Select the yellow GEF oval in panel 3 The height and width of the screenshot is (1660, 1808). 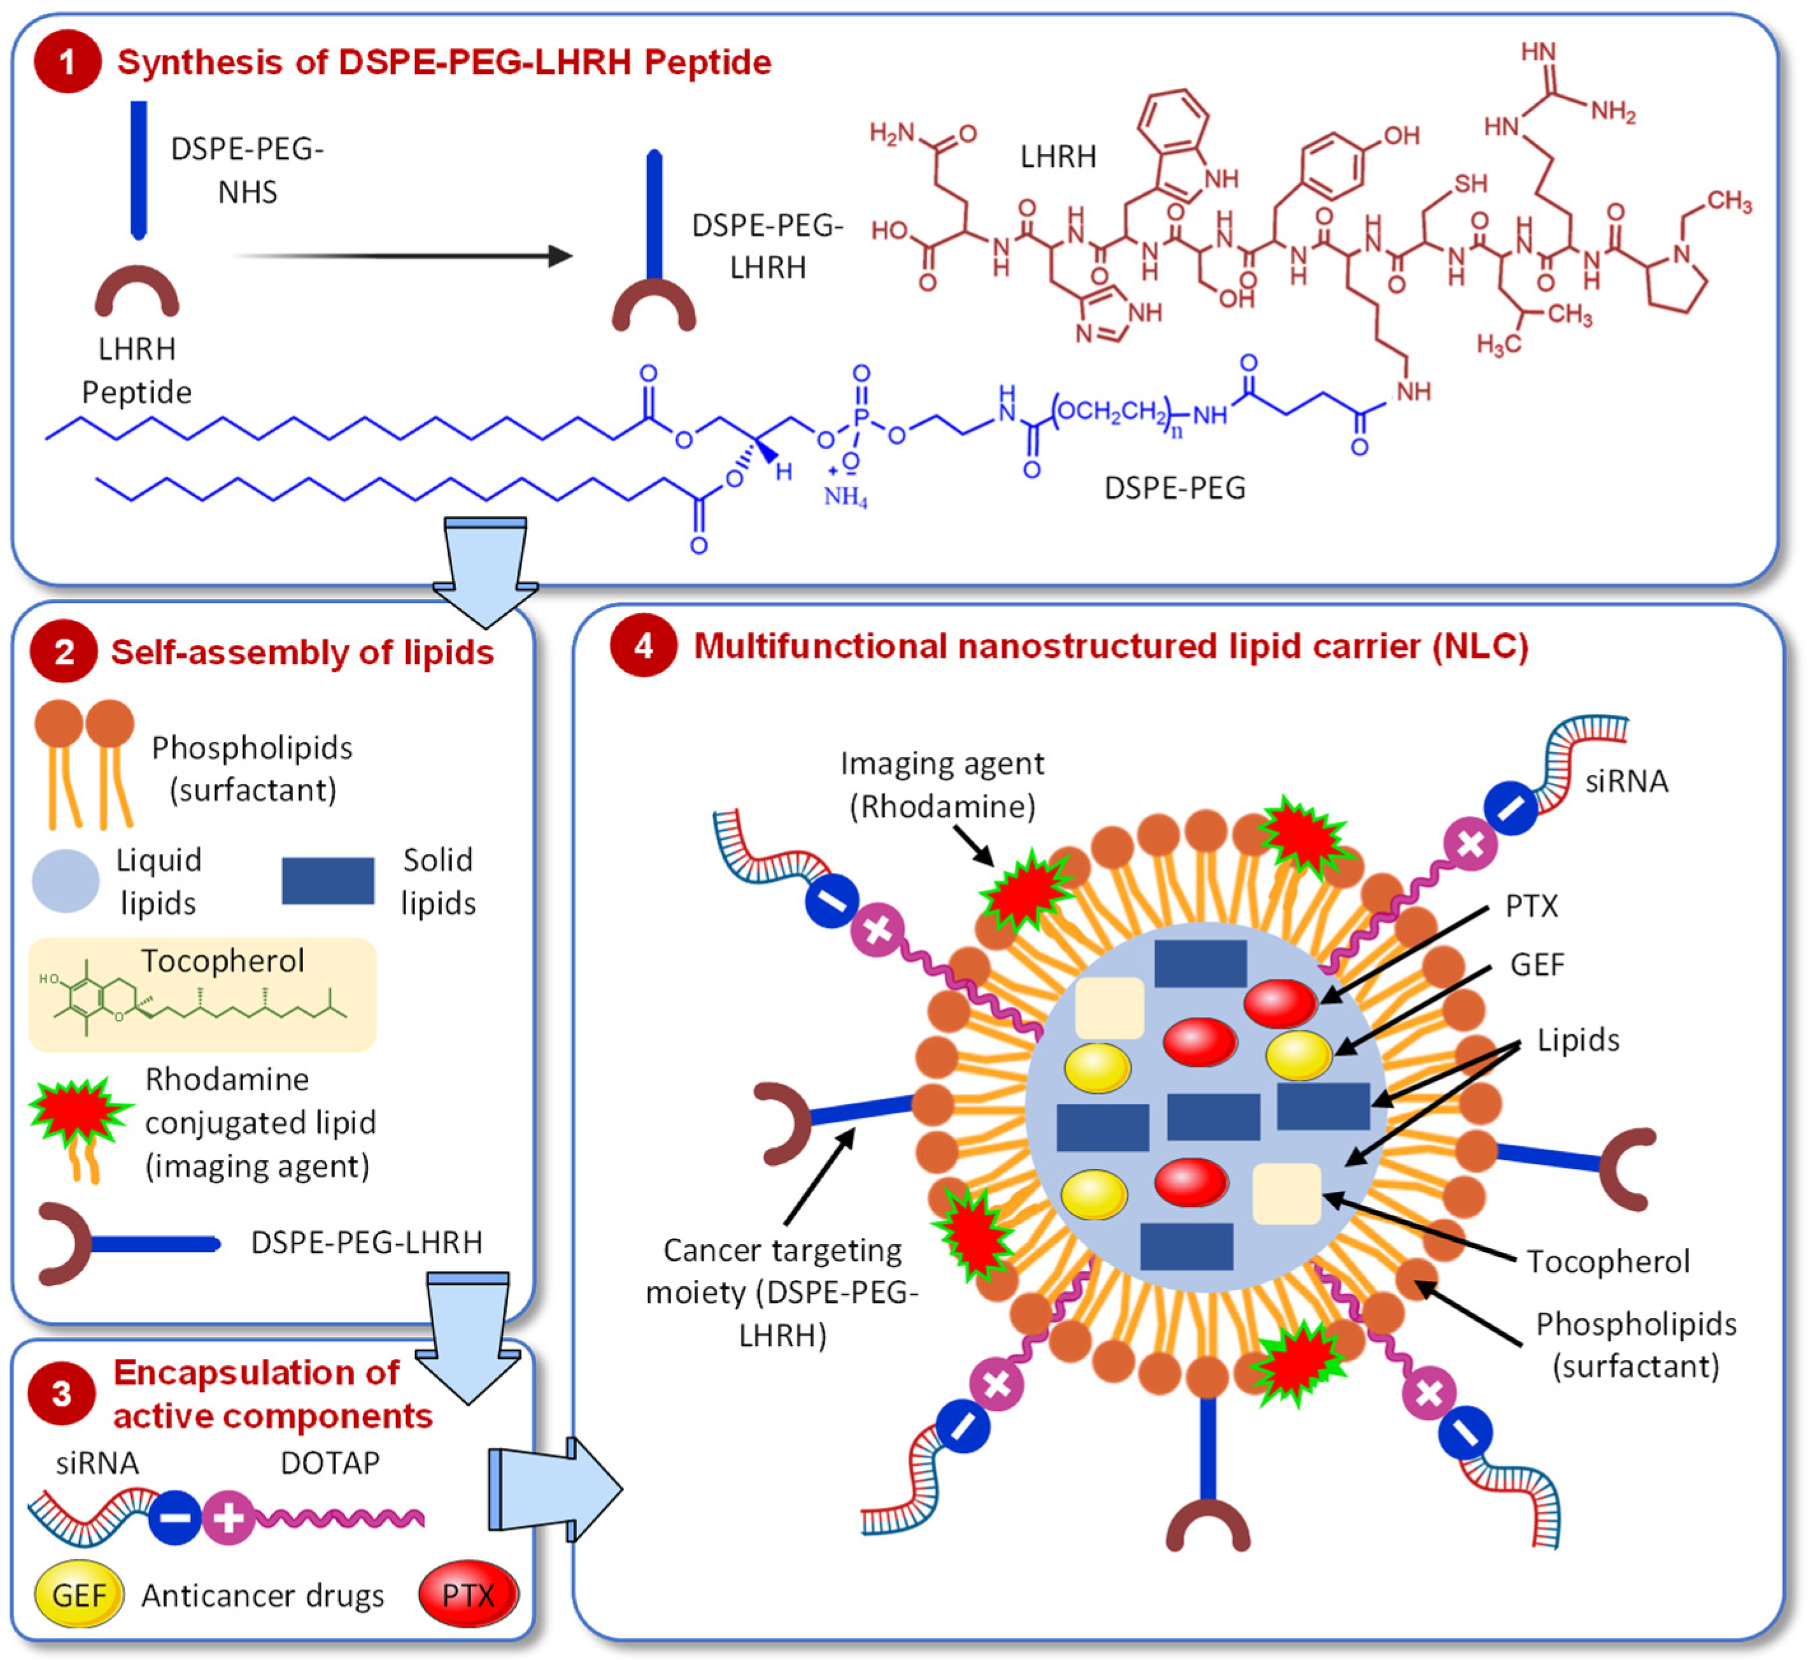pos(79,1595)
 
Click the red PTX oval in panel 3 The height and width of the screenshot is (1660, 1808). pos(468,1594)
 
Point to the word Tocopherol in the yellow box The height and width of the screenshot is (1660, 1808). pos(223,960)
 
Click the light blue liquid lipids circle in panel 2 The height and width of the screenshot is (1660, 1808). pos(66,880)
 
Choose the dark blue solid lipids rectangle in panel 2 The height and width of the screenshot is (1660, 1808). pos(328,880)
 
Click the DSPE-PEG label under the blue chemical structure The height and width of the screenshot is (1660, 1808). pos(1174,488)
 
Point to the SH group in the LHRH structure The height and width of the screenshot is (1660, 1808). pos(1471,184)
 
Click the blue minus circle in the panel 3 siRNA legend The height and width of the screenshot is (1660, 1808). pos(174,1518)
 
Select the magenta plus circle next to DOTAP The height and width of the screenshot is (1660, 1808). pos(229,1518)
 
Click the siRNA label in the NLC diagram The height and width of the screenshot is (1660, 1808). pos(1626,781)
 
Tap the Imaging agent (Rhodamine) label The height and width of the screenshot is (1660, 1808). pos(942,784)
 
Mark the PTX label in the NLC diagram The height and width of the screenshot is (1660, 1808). pos(1531,905)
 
